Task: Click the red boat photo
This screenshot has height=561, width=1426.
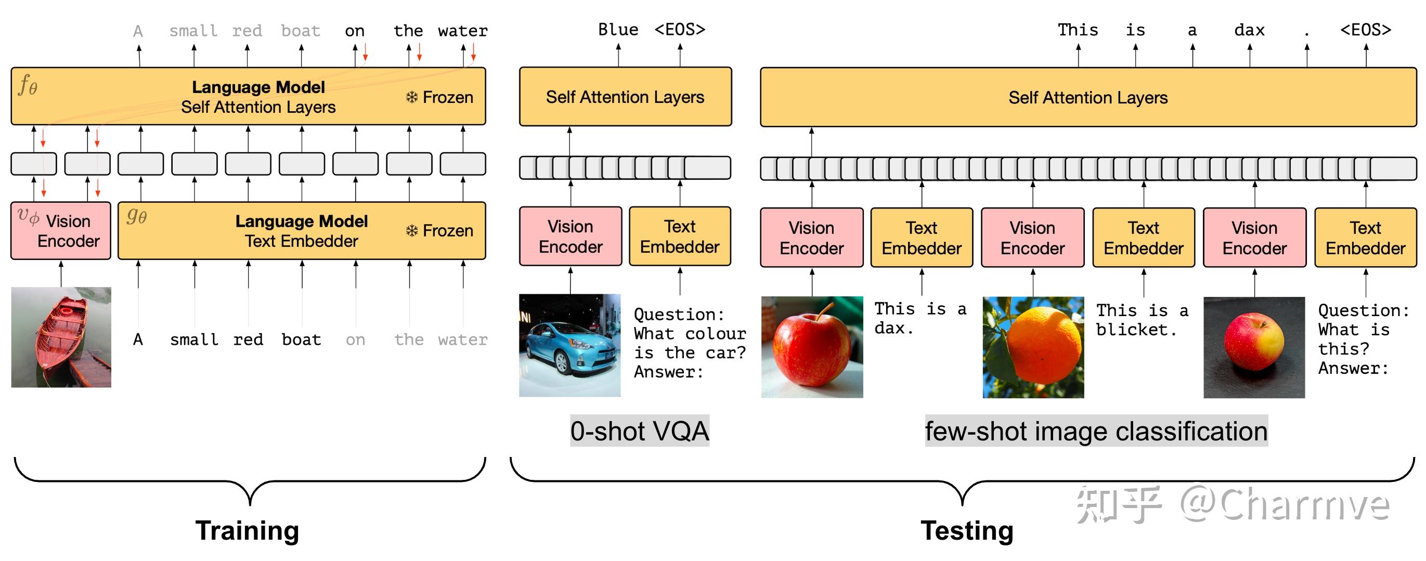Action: pos(61,337)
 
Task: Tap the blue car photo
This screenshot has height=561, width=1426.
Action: pos(569,345)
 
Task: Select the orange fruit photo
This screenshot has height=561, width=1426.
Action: pos(1033,347)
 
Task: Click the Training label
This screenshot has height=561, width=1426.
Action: pos(247,530)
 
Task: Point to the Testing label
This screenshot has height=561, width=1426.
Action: pos(967,530)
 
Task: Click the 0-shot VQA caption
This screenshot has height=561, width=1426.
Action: pos(639,431)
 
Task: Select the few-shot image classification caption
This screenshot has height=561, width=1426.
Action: pos(1096,431)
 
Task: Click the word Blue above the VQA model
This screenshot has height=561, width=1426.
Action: pos(618,29)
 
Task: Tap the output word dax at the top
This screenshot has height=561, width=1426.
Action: pos(1249,30)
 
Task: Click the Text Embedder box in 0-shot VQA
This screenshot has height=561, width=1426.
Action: pos(680,236)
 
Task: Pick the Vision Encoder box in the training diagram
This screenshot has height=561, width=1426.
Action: pos(61,231)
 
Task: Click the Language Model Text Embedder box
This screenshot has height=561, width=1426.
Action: pos(301,231)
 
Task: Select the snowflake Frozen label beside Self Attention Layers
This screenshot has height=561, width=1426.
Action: pos(439,97)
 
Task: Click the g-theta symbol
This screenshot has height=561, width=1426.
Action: pos(137,215)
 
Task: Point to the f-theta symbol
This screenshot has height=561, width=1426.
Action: pos(28,86)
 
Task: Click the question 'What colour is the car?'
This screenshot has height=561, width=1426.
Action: pos(690,343)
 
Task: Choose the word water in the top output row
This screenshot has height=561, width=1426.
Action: pos(463,31)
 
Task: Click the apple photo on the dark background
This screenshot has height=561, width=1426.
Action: pos(1254,347)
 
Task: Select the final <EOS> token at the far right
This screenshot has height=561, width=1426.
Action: pos(1365,30)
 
